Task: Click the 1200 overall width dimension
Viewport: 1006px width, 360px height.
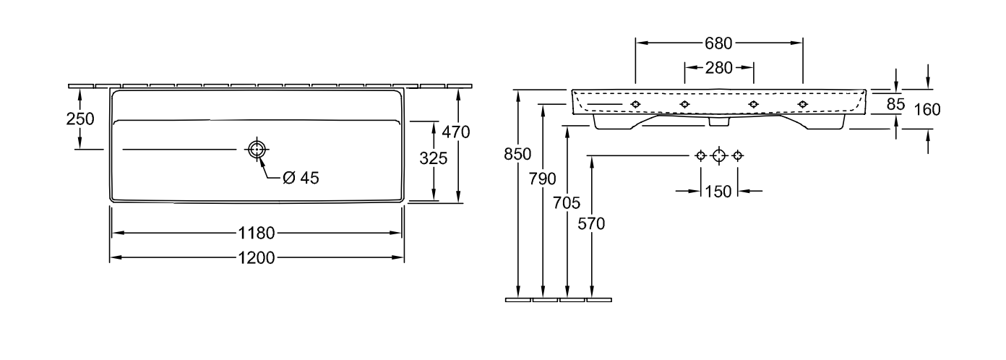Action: (x=256, y=258)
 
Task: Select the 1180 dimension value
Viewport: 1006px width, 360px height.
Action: (x=256, y=233)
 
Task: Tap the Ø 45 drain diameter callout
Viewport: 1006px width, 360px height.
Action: (x=301, y=178)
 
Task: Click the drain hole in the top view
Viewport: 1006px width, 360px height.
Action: (x=257, y=149)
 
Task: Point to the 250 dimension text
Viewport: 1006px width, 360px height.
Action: (x=80, y=119)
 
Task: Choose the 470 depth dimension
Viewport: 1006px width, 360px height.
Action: (x=456, y=132)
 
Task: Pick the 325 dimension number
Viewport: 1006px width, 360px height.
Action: (x=434, y=158)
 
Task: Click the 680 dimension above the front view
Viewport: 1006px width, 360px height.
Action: (x=718, y=43)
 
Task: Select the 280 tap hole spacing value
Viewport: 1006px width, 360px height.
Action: (x=718, y=68)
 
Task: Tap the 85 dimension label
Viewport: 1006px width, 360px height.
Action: (x=895, y=104)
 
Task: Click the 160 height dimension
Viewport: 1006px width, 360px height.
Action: (x=927, y=110)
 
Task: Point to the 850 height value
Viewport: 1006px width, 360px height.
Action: (x=517, y=154)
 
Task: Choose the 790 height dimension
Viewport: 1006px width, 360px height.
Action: (x=542, y=179)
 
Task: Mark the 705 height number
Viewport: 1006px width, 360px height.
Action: (x=567, y=204)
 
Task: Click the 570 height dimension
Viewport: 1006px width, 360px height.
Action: (x=591, y=224)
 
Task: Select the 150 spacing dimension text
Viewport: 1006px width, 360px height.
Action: (x=718, y=192)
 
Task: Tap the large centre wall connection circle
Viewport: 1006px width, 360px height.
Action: (x=719, y=156)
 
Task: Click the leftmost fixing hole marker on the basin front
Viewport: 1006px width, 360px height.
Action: (x=635, y=104)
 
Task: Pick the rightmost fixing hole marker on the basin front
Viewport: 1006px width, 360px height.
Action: (x=802, y=104)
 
